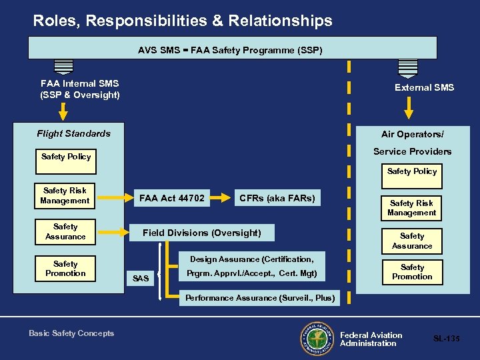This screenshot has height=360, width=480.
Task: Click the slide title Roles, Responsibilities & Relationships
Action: click(183, 21)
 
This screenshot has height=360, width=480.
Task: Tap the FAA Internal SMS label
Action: click(80, 89)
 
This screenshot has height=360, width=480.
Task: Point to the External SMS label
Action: click(424, 87)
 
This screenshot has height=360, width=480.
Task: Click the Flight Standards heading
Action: click(74, 133)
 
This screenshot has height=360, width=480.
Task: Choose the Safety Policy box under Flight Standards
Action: click(66, 157)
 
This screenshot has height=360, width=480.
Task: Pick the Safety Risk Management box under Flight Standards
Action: click(65, 195)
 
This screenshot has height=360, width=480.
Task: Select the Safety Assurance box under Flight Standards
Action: click(65, 231)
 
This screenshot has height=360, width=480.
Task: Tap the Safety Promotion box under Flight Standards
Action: click(65, 269)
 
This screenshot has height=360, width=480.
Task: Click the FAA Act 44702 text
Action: click(172, 198)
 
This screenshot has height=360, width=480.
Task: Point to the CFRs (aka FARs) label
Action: click(277, 198)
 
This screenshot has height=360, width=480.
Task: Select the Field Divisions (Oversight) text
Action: click(201, 233)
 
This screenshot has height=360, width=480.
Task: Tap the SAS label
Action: click(141, 278)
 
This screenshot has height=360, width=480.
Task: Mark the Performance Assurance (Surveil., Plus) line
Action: click(259, 297)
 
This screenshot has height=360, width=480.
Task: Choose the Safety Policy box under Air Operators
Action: click(412, 171)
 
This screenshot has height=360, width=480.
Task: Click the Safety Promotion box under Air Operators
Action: click(412, 272)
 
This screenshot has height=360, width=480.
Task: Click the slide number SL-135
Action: click(446, 339)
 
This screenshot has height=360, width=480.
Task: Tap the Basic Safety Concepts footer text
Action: click(71, 333)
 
